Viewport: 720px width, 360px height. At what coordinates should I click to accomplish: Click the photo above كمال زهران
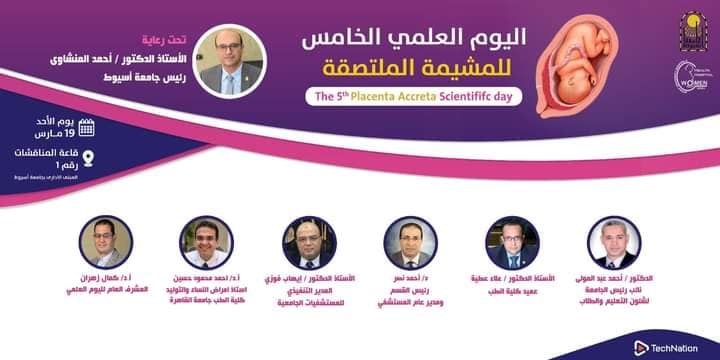106,241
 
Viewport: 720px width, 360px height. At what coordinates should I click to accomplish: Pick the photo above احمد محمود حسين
208,241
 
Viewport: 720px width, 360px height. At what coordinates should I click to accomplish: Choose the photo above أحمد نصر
411,241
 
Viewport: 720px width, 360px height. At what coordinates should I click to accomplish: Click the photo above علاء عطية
512,241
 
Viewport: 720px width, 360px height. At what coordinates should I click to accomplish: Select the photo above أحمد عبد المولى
614,241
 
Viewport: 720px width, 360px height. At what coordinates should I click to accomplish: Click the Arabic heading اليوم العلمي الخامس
426,40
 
